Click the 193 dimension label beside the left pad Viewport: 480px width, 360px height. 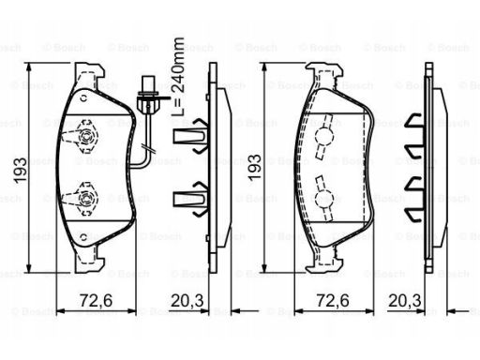(x=21, y=171)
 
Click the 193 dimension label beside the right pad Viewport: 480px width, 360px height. (x=254, y=167)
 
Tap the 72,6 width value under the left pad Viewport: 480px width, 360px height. (x=96, y=301)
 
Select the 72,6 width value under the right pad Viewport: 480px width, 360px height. (x=333, y=301)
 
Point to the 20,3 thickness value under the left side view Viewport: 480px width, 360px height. (x=187, y=301)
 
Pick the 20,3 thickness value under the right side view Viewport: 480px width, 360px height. (x=405, y=301)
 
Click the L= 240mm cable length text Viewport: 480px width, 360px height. (x=178, y=77)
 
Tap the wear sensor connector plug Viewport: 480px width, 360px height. (x=148, y=96)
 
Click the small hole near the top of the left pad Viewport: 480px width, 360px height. (x=83, y=99)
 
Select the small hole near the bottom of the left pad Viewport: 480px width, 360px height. (x=83, y=237)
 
